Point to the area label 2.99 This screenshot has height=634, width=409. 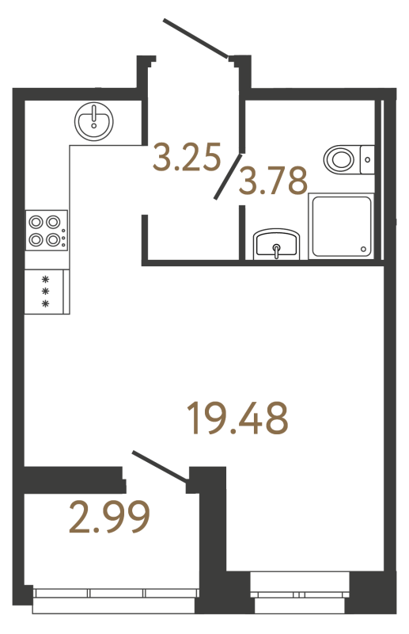point(109,520)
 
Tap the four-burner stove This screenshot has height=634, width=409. point(46,230)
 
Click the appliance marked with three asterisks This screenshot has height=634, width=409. point(46,291)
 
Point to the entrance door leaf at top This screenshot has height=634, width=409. point(196,38)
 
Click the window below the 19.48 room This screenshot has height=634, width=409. point(299,592)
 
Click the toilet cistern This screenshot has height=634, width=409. point(367,159)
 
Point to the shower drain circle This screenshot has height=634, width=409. point(363,250)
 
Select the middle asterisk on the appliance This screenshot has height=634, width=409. point(46,291)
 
